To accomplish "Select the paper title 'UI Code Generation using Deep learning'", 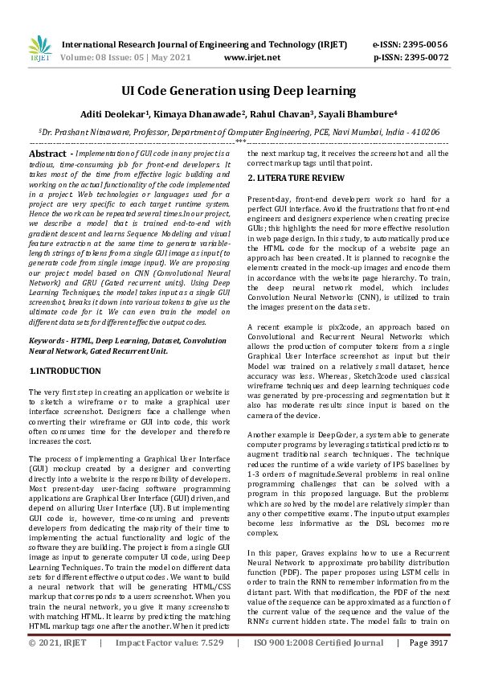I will tap(239, 91).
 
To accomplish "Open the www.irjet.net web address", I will tap(252, 58).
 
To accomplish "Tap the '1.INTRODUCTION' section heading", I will tap(65, 371).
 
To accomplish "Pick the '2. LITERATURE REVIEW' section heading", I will tap(296, 177).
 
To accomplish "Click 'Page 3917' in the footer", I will tap(430, 666).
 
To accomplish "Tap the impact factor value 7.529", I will tap(206, 666).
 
